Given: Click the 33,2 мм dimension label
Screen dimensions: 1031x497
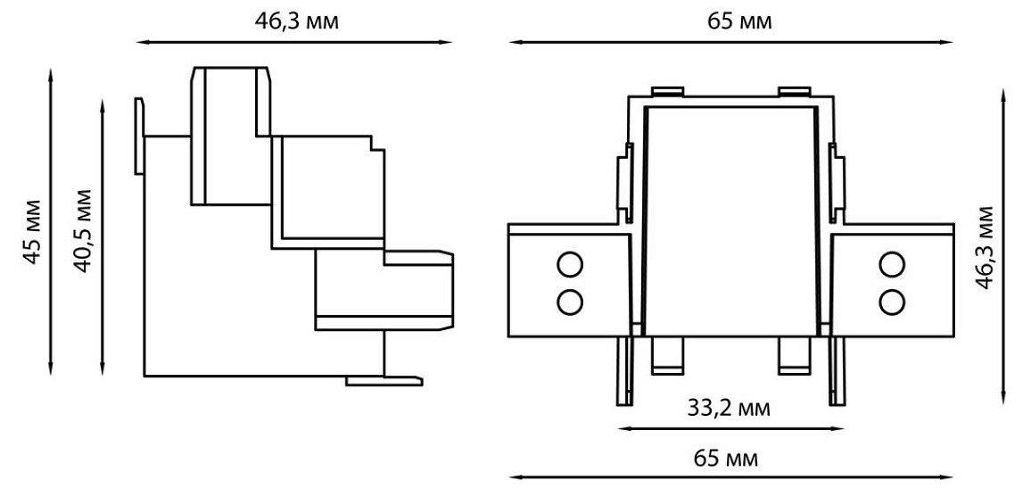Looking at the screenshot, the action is click(x=729, y=409).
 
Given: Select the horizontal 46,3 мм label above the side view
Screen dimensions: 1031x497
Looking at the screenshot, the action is click(x=297, y=21).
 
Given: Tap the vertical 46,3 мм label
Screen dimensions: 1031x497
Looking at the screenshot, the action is click(x=985, y=247).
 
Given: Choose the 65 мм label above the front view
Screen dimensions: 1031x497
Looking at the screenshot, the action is click(x=739, y=21).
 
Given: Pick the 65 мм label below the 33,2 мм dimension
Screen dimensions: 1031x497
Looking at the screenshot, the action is click(x=726, y=458).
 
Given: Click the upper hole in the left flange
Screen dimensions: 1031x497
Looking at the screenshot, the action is click(x=569, y=264).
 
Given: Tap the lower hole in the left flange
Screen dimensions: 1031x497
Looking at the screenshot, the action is click(x=569, y=302).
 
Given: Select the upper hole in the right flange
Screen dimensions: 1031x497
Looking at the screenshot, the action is click(x=892, y=264).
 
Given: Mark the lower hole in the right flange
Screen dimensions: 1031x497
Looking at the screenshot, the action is click(x=892, y=302).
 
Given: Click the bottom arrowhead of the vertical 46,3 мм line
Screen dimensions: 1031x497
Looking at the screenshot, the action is click(x=1002, y=399).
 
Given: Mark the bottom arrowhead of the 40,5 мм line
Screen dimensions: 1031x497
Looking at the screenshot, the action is click(x=102, y=370).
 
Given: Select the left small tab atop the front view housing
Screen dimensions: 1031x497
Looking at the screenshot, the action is click(x=667, y=91).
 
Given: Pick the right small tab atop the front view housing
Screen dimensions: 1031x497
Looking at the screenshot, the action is click(x=795, y=91).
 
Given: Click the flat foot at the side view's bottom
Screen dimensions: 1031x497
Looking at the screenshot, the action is click(x=384, y=381).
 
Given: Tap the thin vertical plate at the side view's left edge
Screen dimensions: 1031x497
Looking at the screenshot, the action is click(x=139, y=137).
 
